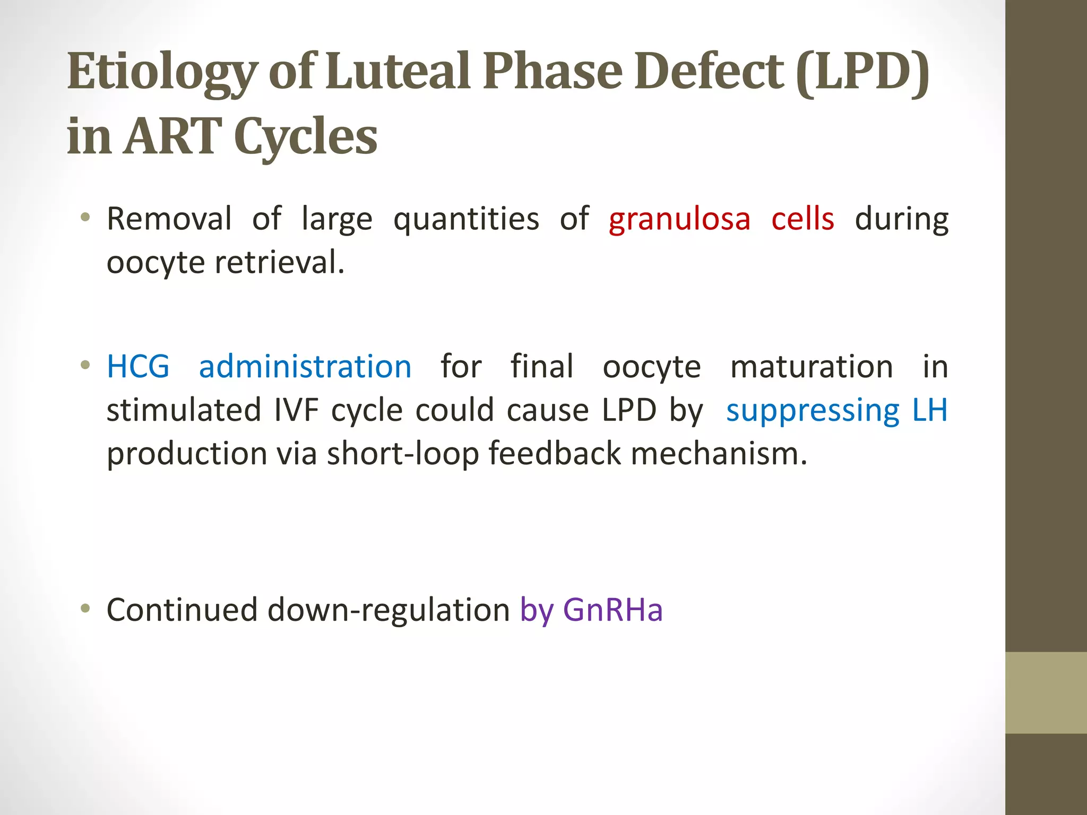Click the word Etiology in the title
pyautogui.click(x=162, y=72)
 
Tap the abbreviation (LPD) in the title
pyautogui.click(x=863, y=72)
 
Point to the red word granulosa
pyautogui.click(x=679, y=219)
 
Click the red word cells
pyautogui.click(x=803, y=219)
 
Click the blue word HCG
pyautogui.click(x=138, y=367)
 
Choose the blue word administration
pyautogui.click(x=305, y=367)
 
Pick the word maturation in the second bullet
pyautogui.click(x=812, y=367)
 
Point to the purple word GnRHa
pyautogui.click(x=612, y=610)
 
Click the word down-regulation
pyautogui.click(x=389, y=610)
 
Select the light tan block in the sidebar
pyautogui.click(x=1046, y=692)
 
